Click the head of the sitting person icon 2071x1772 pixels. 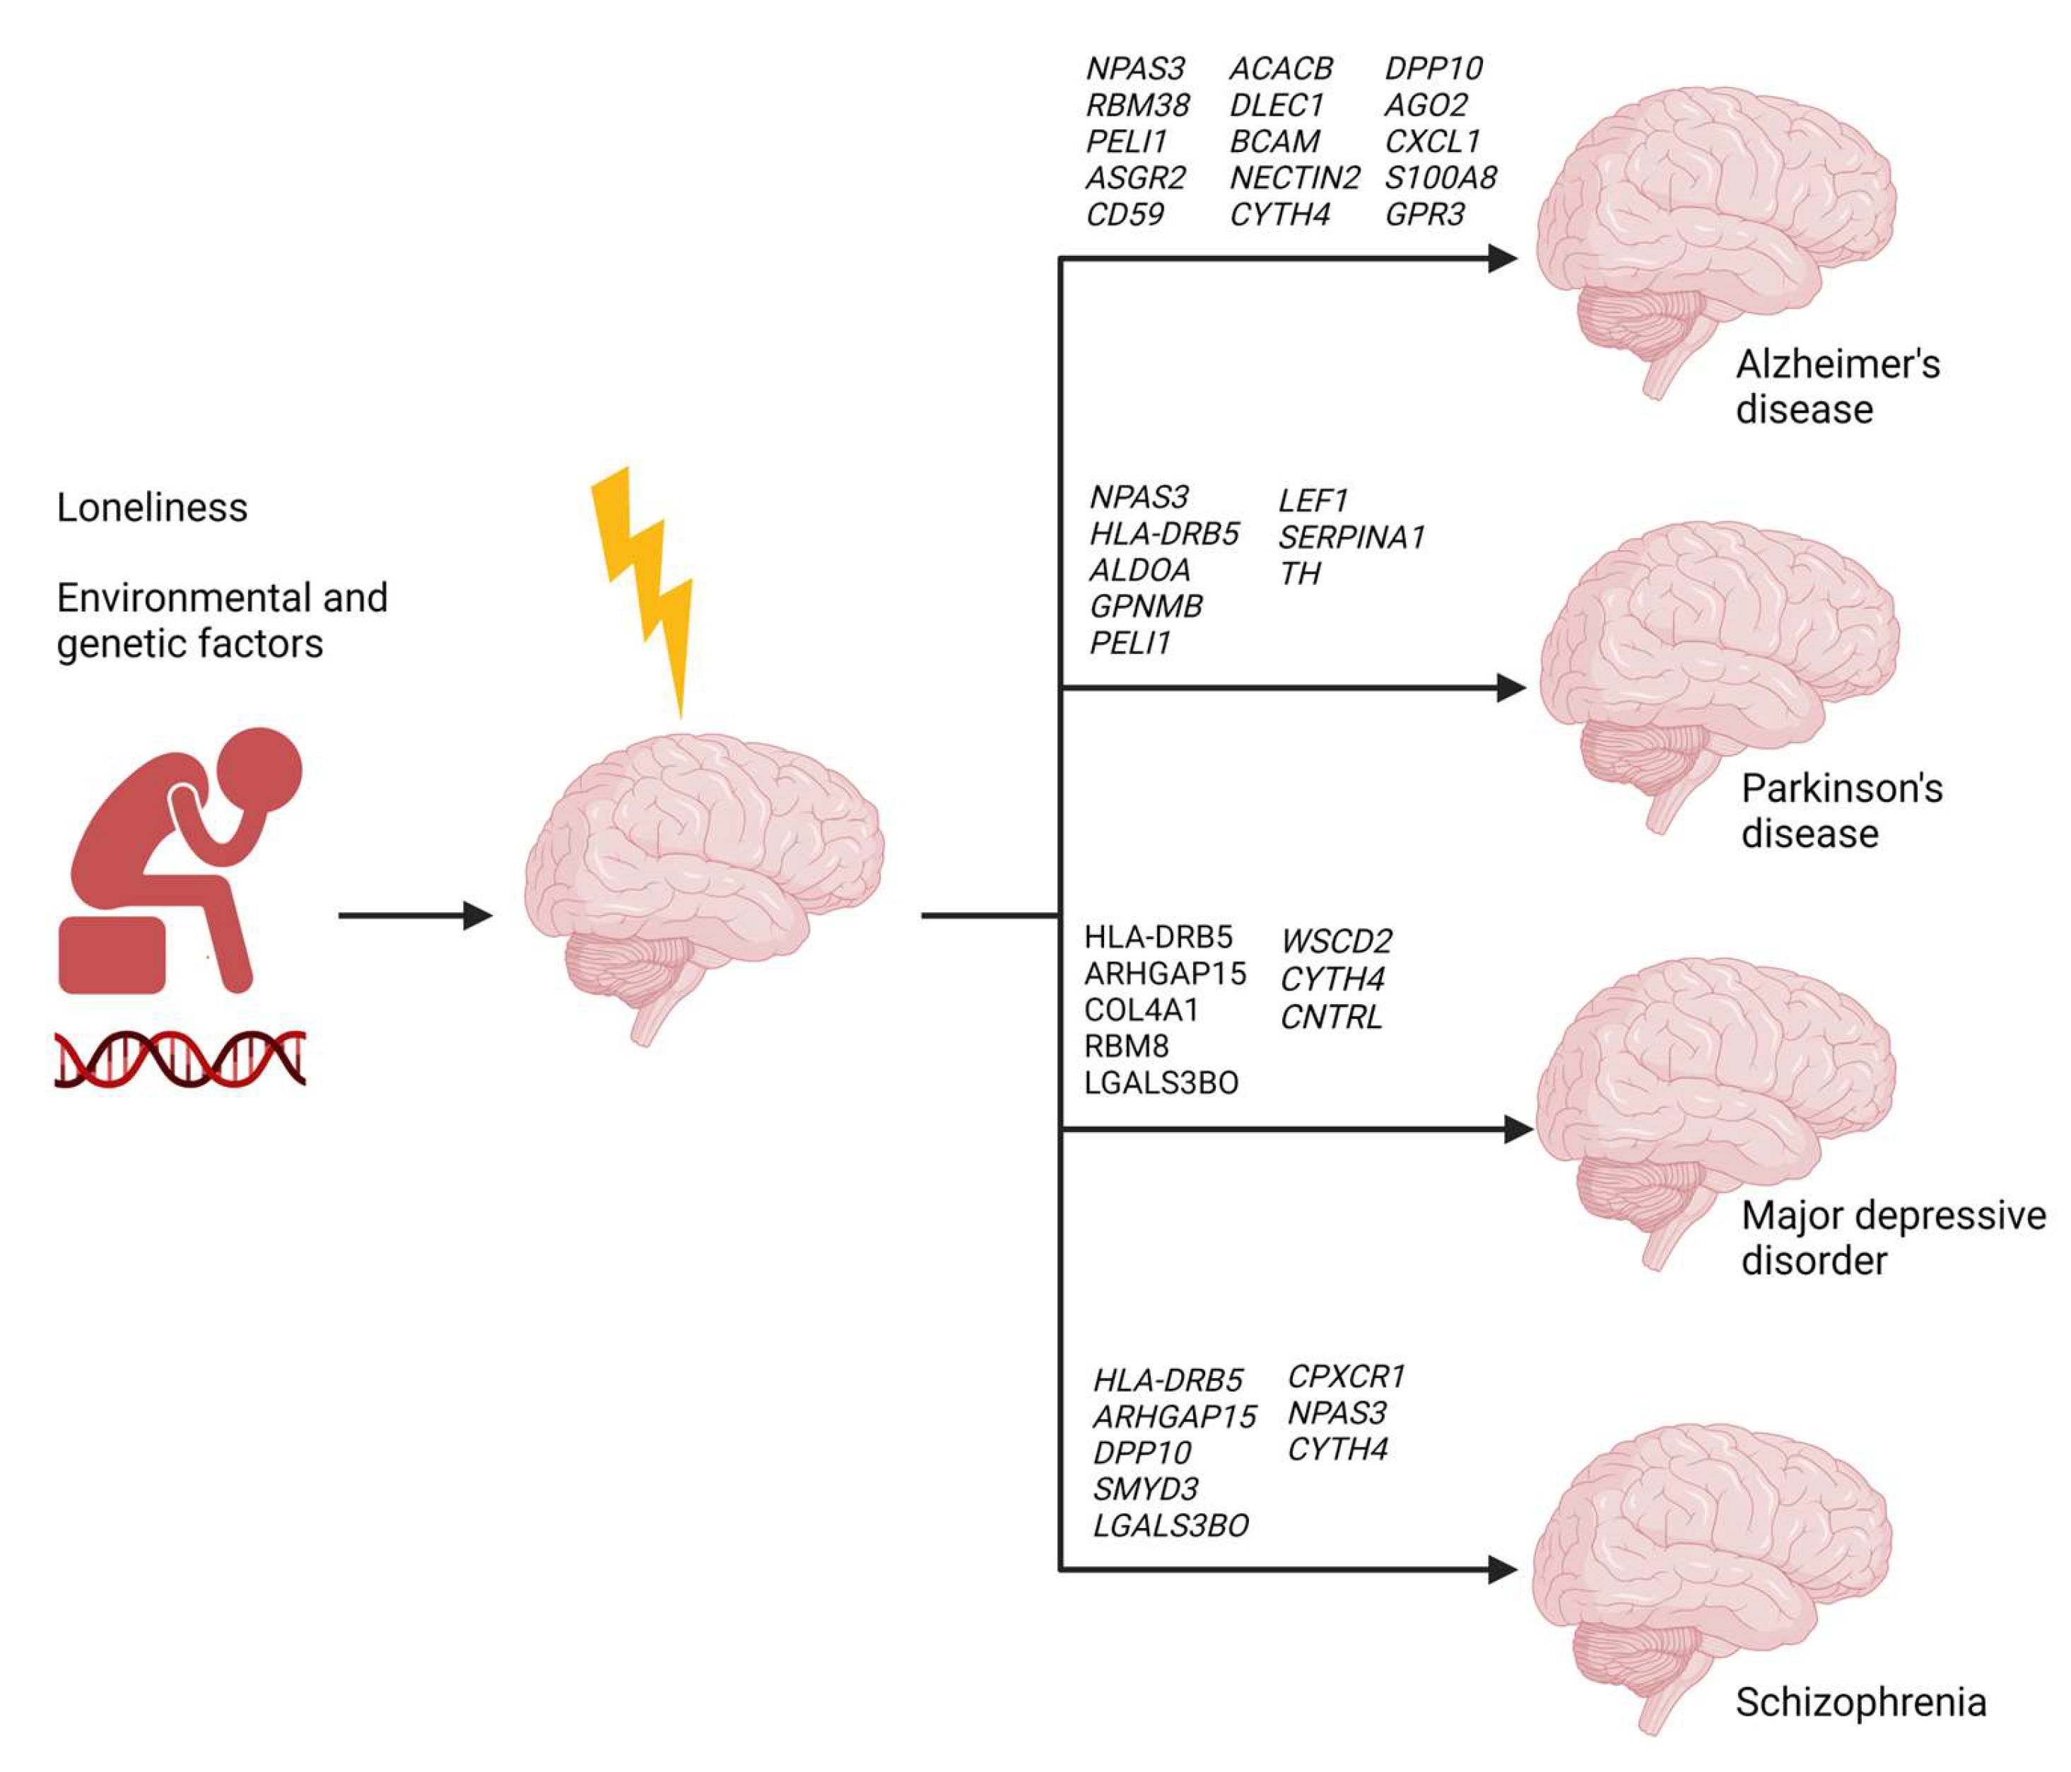tap(260, 770)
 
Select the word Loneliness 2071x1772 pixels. tap(152, 508)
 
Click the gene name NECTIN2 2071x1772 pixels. tap(1294, 178)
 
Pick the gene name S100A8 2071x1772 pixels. tap(1441, 178)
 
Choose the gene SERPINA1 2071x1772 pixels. tap(1351, 538)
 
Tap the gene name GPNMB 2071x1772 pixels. tap(1146, 606)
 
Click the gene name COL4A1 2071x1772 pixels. tap(1140, 1010)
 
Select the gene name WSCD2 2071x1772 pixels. tap(1337, 941)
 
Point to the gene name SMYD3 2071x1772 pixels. tap(1146, 1489)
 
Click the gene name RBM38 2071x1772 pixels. tap(1137, 105)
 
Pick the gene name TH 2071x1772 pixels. tap(1301, 574)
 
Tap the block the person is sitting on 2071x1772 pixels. tap(112, 955)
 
